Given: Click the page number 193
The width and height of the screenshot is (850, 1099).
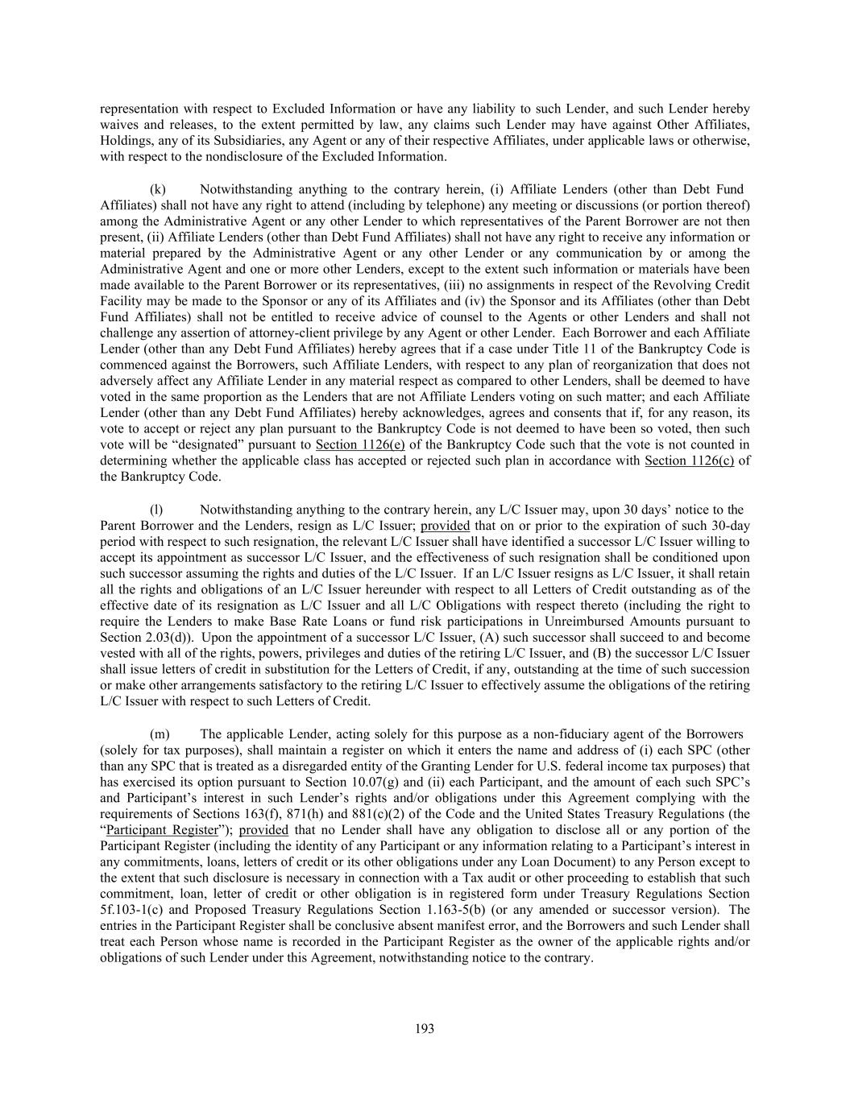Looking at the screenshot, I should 425,1028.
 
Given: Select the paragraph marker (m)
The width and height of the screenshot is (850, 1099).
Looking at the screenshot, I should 160,734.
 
